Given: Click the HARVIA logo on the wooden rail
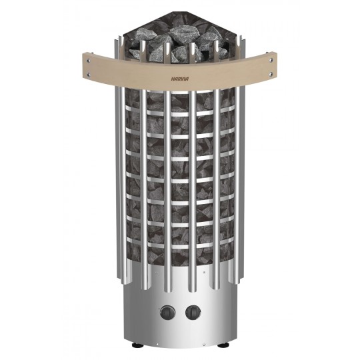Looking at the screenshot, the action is click(180, 79).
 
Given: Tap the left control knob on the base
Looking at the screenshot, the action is click(168, 313).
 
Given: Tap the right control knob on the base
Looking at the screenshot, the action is click(193, 313).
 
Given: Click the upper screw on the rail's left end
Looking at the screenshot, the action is click(88, 61).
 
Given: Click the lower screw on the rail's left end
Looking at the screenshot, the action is click(88, 74).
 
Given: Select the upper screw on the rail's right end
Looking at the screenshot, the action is click(271, 60).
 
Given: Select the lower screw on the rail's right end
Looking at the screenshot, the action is click(271, 74).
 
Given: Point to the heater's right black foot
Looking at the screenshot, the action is click(221, 345).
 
